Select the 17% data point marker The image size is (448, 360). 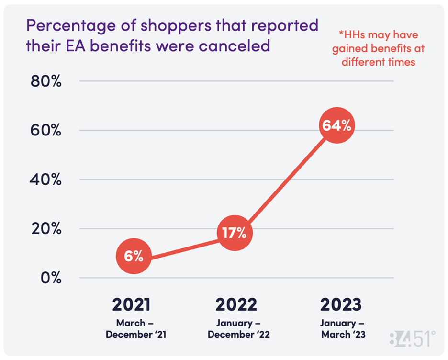[235, 233]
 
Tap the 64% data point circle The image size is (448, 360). [336, 125]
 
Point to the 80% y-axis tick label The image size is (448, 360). [46, 81]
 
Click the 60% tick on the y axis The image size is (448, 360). [46, 130]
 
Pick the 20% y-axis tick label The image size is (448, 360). [46, 229]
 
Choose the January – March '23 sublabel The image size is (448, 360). [342, 328]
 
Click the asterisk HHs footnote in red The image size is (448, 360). [379, 48]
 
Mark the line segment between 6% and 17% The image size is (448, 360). [184, 245]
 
